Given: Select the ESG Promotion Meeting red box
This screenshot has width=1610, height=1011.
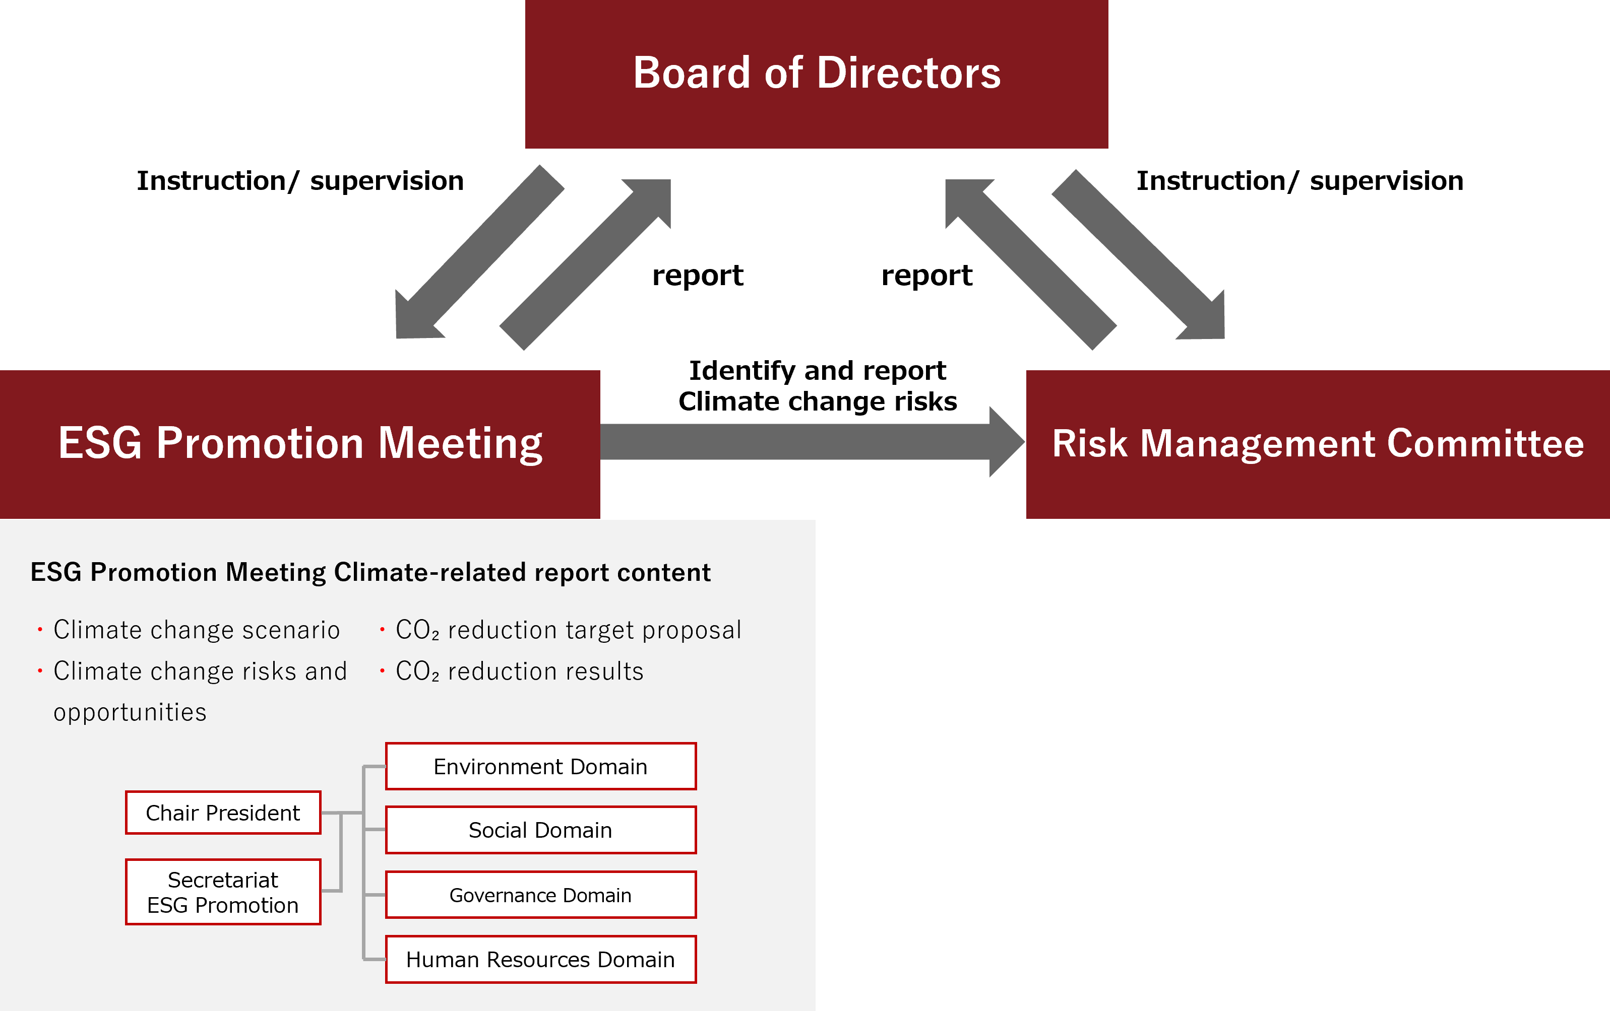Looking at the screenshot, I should pos(299,444).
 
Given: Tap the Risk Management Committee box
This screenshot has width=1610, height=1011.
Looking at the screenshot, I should pos(1317,444).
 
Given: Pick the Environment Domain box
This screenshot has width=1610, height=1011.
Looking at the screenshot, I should pos(540,766).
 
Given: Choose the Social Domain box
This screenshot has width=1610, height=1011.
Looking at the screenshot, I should pos(540,830).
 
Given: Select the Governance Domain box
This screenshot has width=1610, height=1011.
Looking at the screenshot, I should pos(540,895).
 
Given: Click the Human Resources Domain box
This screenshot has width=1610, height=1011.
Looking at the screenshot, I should pos(540,960).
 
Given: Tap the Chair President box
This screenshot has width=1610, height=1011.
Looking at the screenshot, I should pos(223,813).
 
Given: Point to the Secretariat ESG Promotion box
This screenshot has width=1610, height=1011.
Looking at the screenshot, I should pos(223,892).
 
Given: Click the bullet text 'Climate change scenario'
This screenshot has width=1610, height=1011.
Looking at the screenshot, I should pos(197,630).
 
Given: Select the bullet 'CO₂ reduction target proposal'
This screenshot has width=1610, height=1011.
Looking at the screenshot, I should pos(568,630).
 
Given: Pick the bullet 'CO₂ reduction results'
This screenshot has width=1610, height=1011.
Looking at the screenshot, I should pos(520,671).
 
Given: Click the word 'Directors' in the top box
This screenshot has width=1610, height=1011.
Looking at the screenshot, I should pos(909,74).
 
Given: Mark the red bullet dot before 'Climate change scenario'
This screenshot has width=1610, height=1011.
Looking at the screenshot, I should pos(40,630).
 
